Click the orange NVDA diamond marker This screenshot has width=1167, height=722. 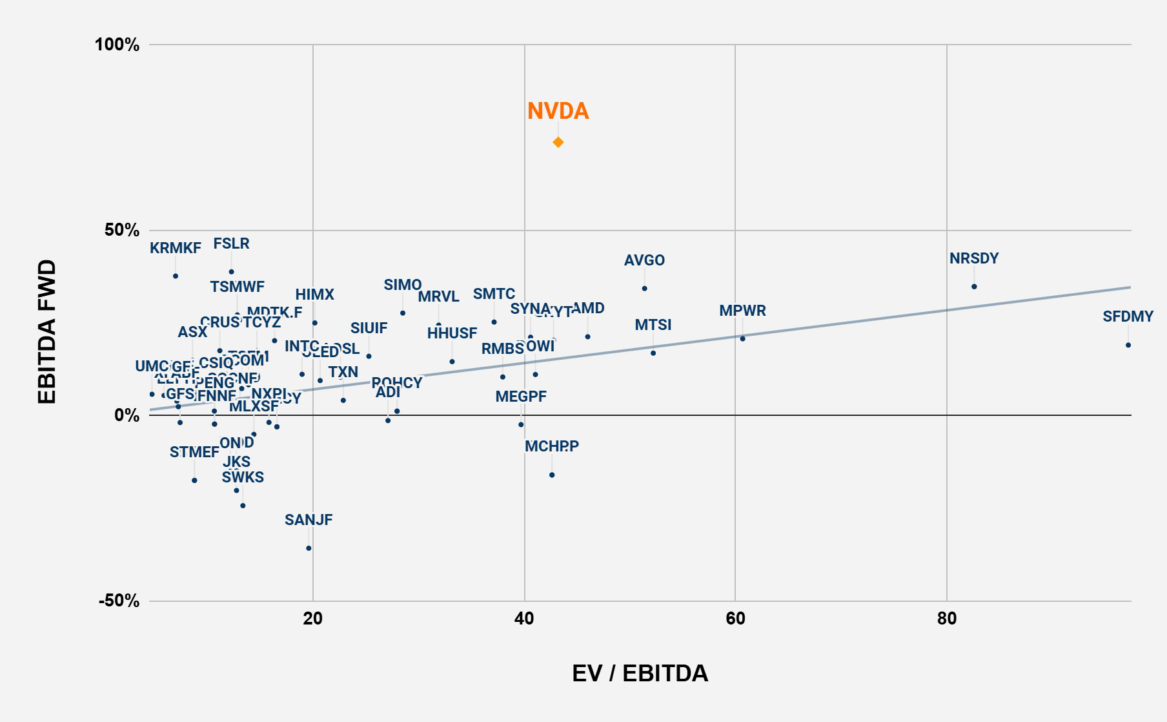tap(558, 142)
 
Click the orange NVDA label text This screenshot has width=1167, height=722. tap(558, 111)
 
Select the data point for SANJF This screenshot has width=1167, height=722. tap(309, 548)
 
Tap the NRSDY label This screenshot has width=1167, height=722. tap(974, 258)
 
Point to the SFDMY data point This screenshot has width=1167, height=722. tap(1128, 345)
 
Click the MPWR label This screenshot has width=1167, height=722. tap(742, 311)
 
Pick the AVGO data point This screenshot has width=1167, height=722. tap(644, 289)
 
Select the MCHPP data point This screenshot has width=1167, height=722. tap(552, 475)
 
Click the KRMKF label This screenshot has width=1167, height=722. tap(176, 248)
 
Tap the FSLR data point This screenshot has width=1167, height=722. tap(231, 272)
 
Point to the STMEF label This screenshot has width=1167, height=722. tap(194, 452)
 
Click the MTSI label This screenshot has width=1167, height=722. tap(653, 325)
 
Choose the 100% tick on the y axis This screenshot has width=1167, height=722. tap(117, 45)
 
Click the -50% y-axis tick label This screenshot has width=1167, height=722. tap(119, 601)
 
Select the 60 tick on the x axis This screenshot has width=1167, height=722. tap(735, 619)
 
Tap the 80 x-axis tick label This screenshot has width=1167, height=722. tap(946, 619)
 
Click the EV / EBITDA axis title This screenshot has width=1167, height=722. tap(640, 673)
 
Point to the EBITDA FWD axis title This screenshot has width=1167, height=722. tap(47, 332)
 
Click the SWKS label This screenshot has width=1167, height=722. tap(243, 477)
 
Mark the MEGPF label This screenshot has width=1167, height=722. tap(521, 397)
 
